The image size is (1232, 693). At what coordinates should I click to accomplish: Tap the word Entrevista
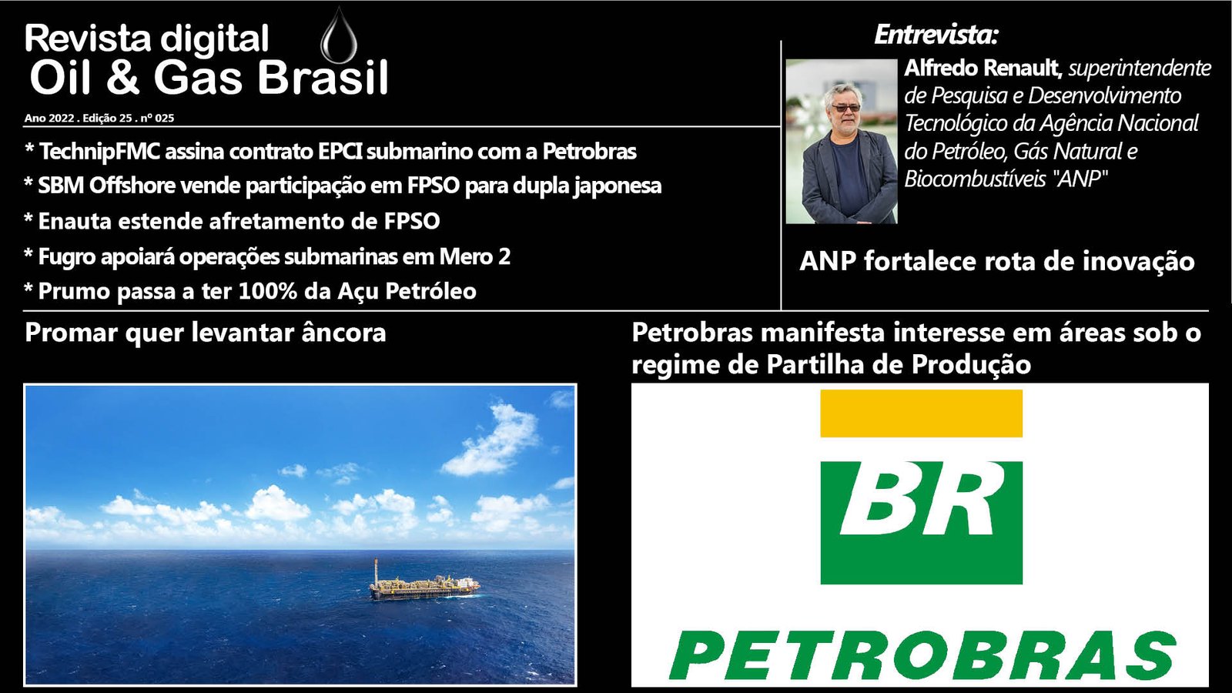pyautogui.click(x=934, y=35)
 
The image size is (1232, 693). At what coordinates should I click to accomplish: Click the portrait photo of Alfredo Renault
pyautogui.click(x=842, y=142)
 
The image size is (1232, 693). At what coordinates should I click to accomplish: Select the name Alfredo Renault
pyautogui.click(x=982, y=69)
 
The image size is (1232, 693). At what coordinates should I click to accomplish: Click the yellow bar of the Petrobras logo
pyautogui.click(x=921, y=413)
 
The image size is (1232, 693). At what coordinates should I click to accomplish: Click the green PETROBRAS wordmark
pyautogui.click(x=922, y=655)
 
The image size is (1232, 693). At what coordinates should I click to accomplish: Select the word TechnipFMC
pyautogui.click(x=99, y=151)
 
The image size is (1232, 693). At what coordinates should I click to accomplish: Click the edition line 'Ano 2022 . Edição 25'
pyautogui.click(x=78, y=119)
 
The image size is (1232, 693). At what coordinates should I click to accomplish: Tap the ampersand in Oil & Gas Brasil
pyautogui.click(x=122, y=77)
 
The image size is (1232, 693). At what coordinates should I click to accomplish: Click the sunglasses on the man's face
pyautogui.click(x=845, y=108)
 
